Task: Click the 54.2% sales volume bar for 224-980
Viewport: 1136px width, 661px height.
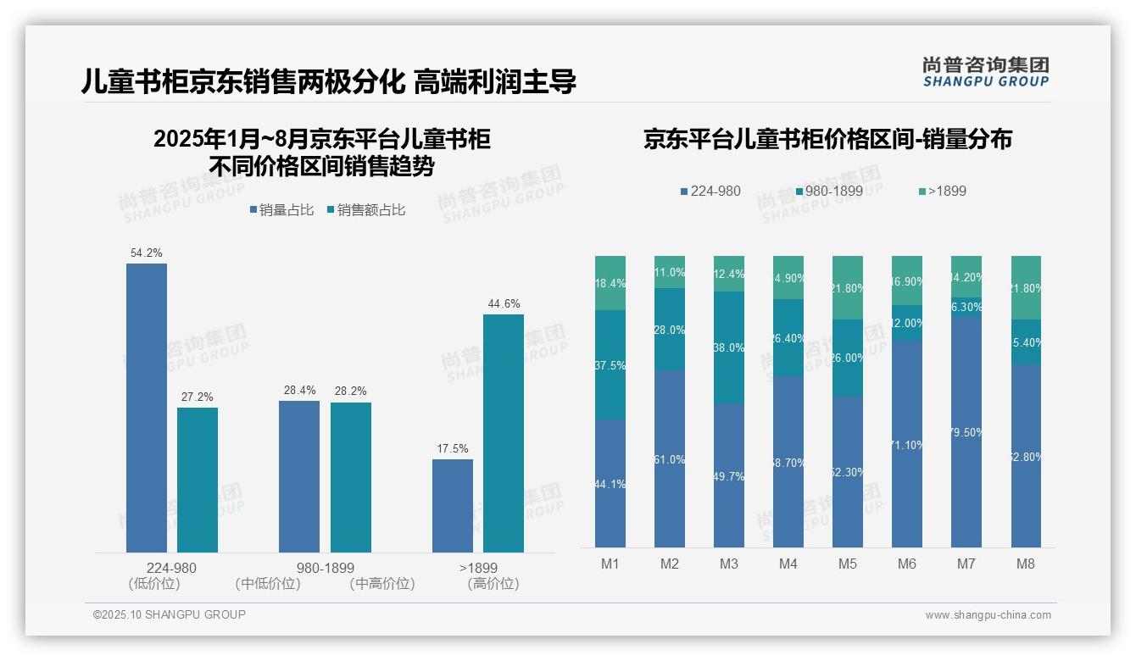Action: pyautogui.click(x=147, y=408)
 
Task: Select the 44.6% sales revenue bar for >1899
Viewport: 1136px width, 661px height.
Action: pyautogui.click(x=504, y=433)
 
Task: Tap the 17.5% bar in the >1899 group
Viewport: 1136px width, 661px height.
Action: pyautogui.click(x=453, y=506)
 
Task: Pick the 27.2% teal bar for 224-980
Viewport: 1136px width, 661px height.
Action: pyautogui.click(x=198, y=480)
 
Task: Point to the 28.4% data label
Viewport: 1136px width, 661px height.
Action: pyautogui.click(x=299, y=391)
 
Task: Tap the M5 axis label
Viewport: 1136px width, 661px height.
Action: pyautogui.click(x=848, y=564)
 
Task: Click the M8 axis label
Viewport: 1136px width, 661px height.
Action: pyautogui.click(x=1026, y=564)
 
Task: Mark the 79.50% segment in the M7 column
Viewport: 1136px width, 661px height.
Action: pyautogui.click(x=966, y=431)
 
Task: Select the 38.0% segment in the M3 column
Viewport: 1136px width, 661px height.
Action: pyautogui.click(x=729, y=347)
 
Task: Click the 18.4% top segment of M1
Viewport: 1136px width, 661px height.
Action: pyautogui.click(x=610, y=283)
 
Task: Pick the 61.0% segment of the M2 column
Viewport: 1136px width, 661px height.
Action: pyautogui.click(x=670, y=458)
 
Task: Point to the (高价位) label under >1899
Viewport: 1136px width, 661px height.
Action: pyautogui.click(x=493, y=584)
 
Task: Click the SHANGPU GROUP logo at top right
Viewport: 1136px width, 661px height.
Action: pyautogui.click(x=985, y=72)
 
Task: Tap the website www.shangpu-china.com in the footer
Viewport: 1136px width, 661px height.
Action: pyautogui.click(x=988, y=615)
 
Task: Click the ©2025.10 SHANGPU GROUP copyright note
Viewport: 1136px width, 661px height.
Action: pyautogui.click(x=170, y=615)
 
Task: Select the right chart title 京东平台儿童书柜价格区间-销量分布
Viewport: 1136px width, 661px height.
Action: pyautogui.click(x=827, y=139)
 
